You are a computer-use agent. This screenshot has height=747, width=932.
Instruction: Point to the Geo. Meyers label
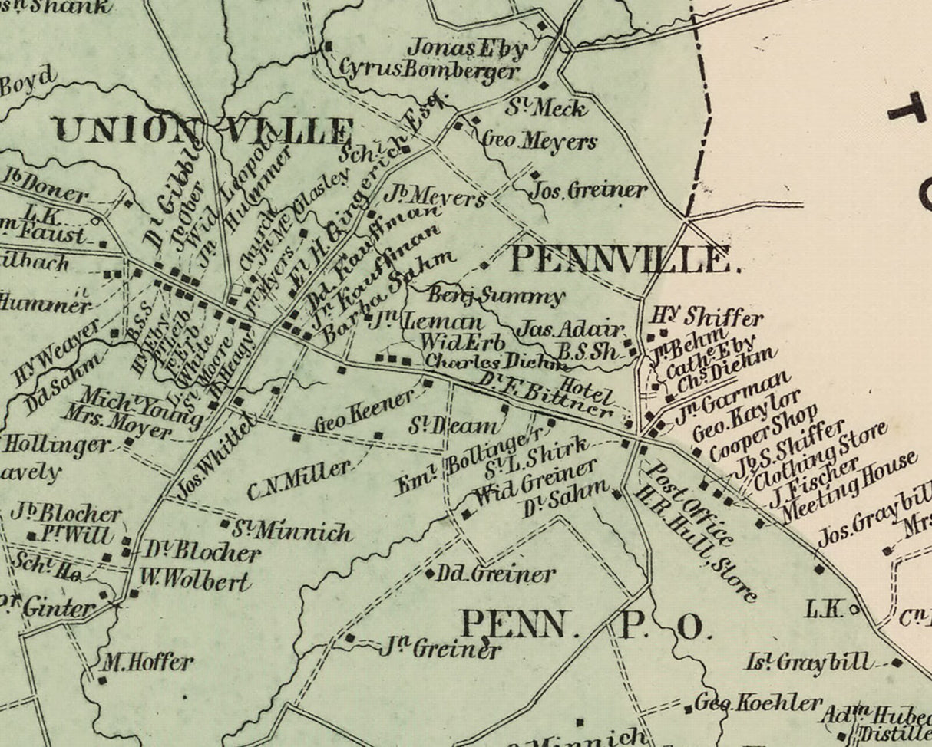coord(538,141)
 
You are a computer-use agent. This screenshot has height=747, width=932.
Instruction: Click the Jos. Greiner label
coord(590,189)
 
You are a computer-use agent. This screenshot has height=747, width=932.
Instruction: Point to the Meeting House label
coord(851,486)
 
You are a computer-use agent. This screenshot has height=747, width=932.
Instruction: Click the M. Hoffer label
coord(145,662)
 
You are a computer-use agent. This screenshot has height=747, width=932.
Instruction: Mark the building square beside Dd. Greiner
coord(430,571)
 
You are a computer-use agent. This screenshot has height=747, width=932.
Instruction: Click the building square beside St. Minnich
coord(225,525)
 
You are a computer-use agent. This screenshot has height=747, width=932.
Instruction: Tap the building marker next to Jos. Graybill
coord(888,551)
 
